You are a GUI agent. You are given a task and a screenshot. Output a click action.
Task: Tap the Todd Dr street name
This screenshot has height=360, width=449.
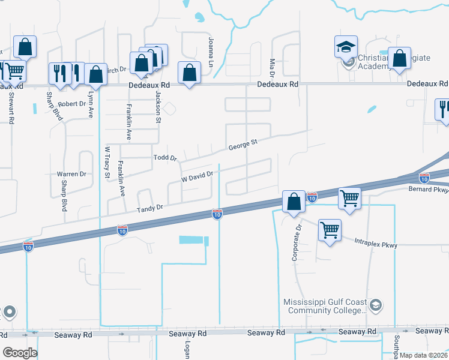point(164,158)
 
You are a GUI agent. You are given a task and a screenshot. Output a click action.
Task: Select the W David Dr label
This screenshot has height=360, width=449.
point(197,177)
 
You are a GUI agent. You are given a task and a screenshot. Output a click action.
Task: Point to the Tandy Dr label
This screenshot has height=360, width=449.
point(149,208)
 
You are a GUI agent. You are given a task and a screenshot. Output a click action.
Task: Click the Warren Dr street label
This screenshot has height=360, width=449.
point(71,174)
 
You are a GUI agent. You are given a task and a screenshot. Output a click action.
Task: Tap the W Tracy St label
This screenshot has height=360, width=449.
point(107,163)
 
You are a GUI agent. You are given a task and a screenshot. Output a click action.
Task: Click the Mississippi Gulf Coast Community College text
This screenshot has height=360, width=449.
point(326,306)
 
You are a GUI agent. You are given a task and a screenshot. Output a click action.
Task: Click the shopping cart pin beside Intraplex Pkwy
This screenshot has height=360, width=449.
point(330,230)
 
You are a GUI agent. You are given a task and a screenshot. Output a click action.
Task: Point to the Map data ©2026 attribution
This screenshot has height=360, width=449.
point(423,355)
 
